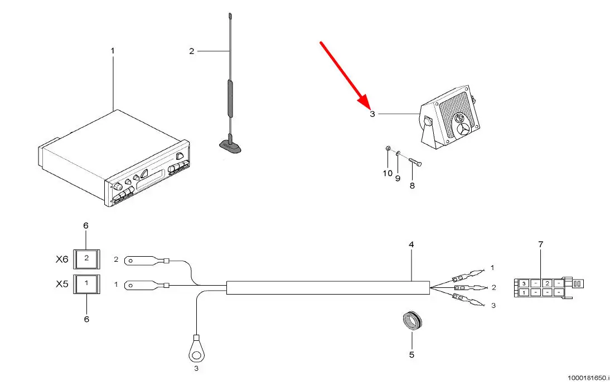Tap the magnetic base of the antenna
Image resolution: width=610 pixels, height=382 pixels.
click(x=229, y=146)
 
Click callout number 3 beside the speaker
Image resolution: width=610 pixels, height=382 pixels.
click(x=372, y=114)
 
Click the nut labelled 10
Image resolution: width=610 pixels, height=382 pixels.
click(x=388, y=149)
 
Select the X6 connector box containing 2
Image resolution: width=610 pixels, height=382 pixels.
click(x=86, y=258)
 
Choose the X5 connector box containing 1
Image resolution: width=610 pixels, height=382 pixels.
click(x=86, y=283)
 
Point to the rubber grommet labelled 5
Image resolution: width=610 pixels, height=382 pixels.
click(x=412, y=322)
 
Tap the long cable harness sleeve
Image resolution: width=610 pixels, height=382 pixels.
click(x=328, y=287)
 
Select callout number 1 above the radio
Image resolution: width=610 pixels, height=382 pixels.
click(x=113, y=51)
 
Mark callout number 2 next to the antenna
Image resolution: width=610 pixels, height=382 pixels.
click(x=192, y=51)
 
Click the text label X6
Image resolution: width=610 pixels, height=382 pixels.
click(x=62, y=259)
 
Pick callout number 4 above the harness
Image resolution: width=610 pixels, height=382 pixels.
click(x=411, y=244)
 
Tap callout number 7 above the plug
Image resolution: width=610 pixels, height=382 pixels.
click(x=540, y=244)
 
